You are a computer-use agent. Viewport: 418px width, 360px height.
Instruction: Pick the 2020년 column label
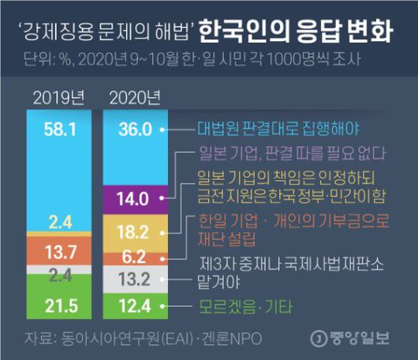tap(133, 99)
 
